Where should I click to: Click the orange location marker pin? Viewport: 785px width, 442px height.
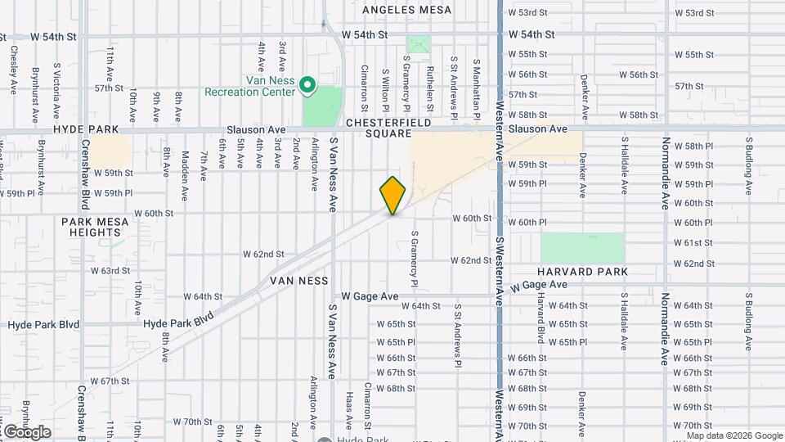tap(392, 196)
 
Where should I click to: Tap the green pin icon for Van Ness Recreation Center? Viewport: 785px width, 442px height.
tap(307, 84)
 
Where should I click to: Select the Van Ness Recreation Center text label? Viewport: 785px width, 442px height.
tap(271, 87)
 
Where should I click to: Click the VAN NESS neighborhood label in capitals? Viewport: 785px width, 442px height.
tap(298, 281)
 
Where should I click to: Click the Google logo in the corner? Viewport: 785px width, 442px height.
tap(26, 431)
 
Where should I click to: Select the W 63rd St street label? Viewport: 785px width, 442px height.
tap(110, 270)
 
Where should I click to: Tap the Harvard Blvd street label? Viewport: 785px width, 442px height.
tap(541, 319)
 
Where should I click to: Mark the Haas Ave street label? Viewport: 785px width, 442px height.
tap(349, 410)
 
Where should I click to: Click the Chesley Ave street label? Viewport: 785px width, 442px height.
tap(14, 70)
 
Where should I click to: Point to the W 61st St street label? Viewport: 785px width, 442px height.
tap(694, 243)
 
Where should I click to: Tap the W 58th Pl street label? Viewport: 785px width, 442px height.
tap(694, 146)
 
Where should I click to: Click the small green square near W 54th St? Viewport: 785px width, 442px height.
tap(418, 44)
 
